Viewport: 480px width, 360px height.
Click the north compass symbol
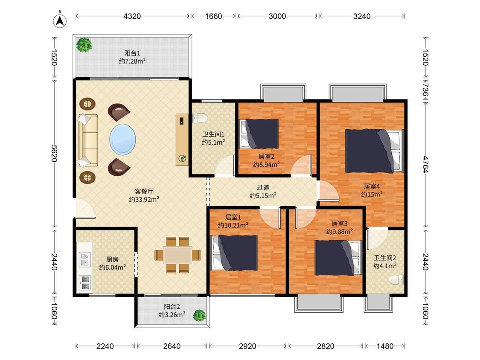point(60,20)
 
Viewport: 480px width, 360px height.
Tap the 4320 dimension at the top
point(132,16)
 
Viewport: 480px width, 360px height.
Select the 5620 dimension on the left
point(54,154)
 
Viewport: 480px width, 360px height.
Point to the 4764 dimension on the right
point(425,164)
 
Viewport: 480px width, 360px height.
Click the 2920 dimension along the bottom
point(247,346)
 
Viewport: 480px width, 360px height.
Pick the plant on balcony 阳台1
point(84,45)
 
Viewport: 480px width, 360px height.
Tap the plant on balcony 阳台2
point(199,316)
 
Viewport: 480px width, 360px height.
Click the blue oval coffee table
point(122,139)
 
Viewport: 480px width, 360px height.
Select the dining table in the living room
point(177,255)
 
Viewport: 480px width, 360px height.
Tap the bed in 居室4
point(374,151)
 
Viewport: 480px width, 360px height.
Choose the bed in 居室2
point(259,134)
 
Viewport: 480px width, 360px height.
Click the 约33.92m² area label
point(144,200)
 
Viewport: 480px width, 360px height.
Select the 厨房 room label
point(112,259)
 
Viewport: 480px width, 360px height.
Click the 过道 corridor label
point(263,187)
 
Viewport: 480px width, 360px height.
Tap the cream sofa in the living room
point(88,140)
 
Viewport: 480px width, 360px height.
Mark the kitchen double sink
point(85,259)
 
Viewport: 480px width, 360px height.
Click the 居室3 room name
point(339,224)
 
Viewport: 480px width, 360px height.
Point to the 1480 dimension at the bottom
point(385,346)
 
